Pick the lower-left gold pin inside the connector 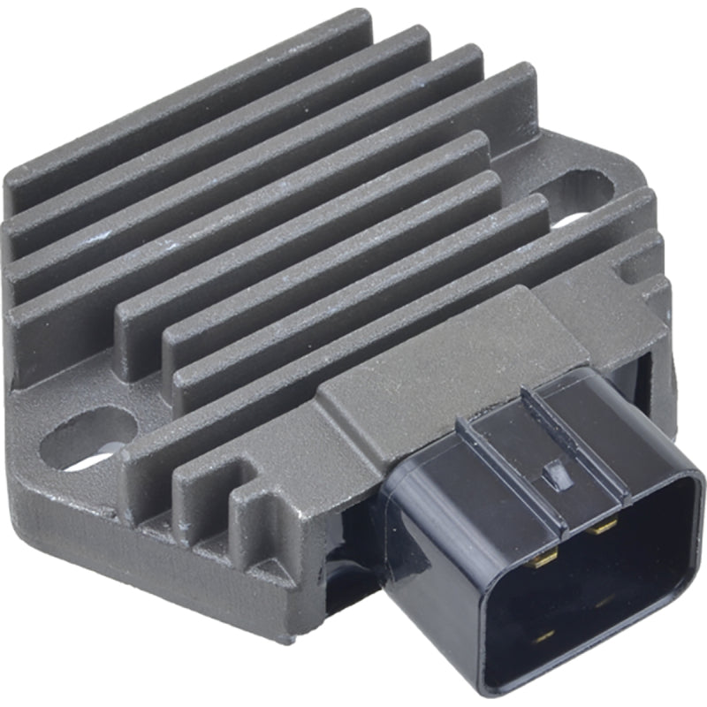(x=545, y=635)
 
